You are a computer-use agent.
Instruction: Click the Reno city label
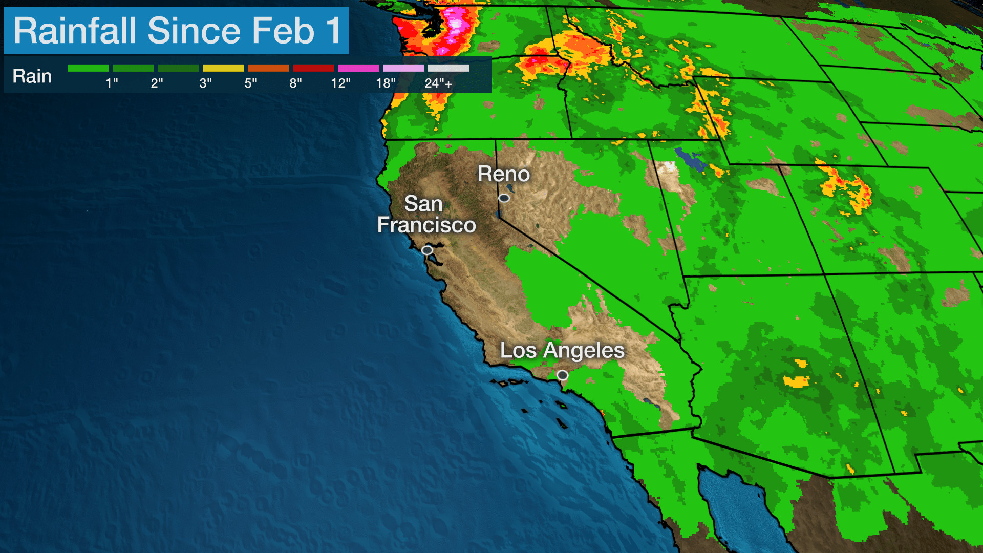click(503, 174)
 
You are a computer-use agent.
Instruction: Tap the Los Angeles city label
click(562, 351)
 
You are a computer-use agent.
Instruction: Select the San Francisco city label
click(426, 215)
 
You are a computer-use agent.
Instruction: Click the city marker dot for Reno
click(504, 198)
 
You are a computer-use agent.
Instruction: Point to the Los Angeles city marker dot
click(563, 375)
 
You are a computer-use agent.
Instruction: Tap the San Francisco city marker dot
click(427, 250)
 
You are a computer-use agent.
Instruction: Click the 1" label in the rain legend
click(112, 83)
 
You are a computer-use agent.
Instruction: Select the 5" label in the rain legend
click(250, 83)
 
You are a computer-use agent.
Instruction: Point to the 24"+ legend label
click(438, 83)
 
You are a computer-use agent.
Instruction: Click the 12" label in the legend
click(340, 83)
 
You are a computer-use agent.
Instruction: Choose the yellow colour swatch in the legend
click(223, 68)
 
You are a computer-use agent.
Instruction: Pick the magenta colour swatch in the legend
click(358, 68)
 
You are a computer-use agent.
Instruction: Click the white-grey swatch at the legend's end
click(448, 68)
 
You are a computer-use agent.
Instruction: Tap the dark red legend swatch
click(313, 68)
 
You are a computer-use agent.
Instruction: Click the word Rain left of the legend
click(32, 76)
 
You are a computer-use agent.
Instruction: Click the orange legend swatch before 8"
click(268, 68)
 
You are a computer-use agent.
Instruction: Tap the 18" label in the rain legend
click(386, 83)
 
